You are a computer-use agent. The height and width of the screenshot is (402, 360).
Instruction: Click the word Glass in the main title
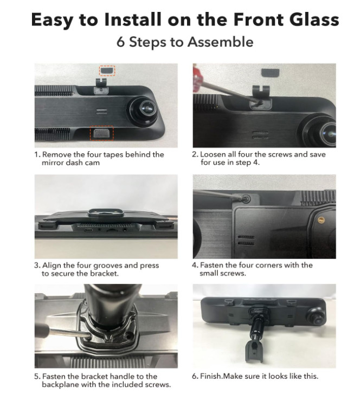point(315,20)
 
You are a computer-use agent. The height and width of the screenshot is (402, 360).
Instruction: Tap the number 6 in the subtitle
point(120,42)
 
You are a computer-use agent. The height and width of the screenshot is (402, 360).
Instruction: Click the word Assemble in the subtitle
point(221,42)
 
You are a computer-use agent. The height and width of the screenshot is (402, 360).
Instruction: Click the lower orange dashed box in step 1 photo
point(101,133)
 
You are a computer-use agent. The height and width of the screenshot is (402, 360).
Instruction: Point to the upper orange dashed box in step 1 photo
point(107,70)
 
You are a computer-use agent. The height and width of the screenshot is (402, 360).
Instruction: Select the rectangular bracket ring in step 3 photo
point(106,213)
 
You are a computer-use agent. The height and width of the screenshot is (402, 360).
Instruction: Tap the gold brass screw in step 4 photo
point(321,220)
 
